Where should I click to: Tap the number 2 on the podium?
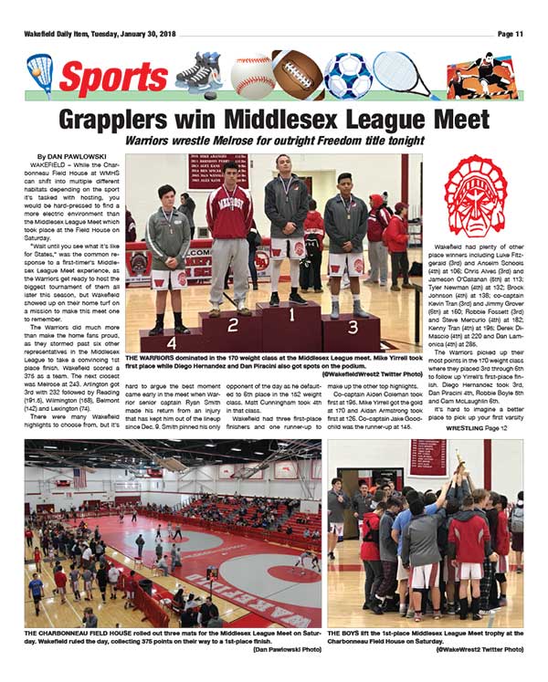[234, 324]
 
